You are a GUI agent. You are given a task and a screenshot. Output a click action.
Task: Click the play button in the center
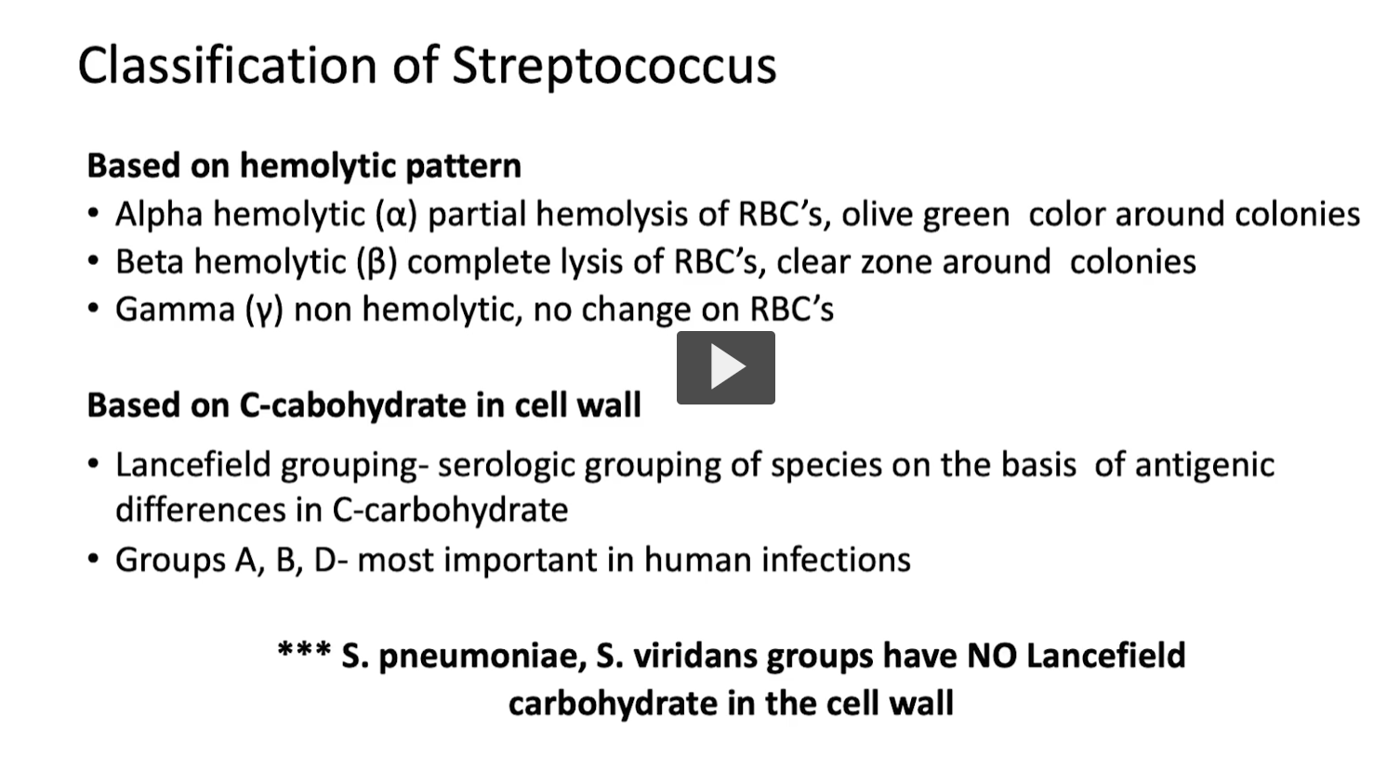725,367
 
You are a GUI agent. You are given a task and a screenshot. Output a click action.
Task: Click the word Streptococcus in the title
614,65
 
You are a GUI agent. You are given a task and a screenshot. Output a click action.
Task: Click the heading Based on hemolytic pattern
304,166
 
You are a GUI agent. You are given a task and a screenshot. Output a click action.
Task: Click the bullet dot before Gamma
93,309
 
